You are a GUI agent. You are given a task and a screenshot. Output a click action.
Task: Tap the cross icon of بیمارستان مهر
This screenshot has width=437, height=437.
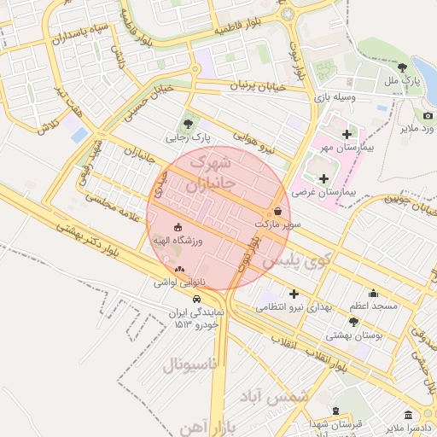coord(347,135)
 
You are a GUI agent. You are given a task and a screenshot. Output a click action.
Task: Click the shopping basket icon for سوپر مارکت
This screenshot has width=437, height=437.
coord(279,211)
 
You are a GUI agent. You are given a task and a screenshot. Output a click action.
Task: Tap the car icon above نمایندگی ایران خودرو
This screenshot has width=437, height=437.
coord(197,300)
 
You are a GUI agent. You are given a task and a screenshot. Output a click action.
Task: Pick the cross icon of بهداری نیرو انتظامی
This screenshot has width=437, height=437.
coord(294,294)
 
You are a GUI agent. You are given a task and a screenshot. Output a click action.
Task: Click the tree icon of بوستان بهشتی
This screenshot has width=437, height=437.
coord(354,322)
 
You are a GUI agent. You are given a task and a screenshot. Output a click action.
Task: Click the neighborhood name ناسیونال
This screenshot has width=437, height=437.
coord(191,364)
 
